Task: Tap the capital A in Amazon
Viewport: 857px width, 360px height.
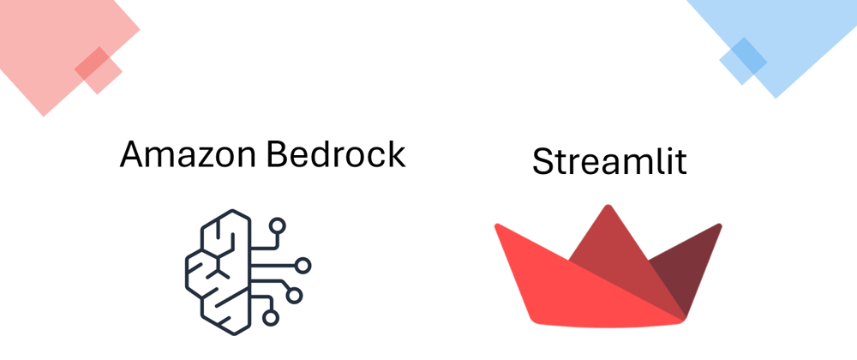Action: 133,154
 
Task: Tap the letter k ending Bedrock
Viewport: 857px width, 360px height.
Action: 396,154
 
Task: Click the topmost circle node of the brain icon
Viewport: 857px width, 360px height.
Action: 278,226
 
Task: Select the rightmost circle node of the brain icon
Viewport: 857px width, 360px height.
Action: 303,265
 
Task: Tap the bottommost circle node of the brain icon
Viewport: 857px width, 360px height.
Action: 271,318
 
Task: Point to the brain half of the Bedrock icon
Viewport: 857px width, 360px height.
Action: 214,266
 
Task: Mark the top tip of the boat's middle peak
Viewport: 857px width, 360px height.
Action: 609,207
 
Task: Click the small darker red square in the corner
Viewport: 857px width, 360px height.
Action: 99,70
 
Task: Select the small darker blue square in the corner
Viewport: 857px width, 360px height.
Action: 742,61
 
